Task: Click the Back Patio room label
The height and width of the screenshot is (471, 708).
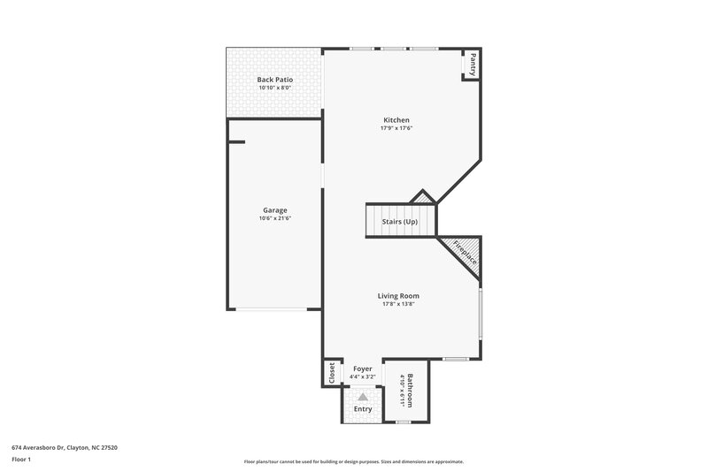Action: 275,80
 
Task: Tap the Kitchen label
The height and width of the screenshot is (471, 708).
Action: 396,120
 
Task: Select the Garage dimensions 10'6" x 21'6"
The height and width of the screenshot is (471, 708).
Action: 275,218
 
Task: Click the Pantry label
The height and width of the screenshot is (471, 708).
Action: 473,64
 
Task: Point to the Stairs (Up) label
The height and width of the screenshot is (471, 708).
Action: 399,221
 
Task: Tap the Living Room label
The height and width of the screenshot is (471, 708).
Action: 398,296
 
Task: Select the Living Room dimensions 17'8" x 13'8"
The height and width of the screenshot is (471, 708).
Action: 398,305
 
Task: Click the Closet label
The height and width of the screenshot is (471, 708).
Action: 332,373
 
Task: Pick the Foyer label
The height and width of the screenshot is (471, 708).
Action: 363,368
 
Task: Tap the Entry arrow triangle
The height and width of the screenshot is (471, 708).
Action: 363,398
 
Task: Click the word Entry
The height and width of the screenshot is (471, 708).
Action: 363,409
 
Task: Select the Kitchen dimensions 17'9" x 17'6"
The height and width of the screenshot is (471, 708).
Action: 396,129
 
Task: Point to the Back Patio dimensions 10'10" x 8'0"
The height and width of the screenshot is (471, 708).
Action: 275,88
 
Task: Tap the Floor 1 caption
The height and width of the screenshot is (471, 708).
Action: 22,460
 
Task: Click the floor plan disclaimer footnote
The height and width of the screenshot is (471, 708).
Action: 353,461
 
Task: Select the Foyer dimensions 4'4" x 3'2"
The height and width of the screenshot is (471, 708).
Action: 363,377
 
